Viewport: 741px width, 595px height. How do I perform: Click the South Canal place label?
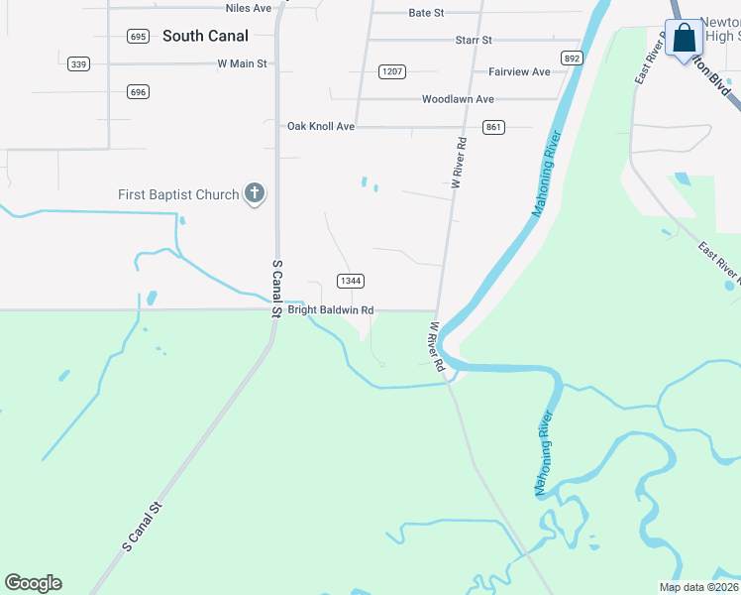point(205,36)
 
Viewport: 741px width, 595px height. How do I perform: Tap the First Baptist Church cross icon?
point(255,194)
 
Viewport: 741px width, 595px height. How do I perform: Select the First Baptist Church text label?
point(178,194)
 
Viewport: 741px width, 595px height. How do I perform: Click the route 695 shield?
point(138,37)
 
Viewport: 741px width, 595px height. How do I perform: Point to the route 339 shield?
point(79,64)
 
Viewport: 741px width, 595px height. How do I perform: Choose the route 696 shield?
point(138,92)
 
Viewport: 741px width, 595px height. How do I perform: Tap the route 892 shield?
point(572,58)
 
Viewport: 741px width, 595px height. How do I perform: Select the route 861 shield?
point(494,127)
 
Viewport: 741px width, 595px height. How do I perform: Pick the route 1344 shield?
point(349,281)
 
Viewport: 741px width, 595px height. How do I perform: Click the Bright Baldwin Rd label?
point(331,310)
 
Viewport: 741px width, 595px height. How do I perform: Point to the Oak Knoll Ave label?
point(321,127)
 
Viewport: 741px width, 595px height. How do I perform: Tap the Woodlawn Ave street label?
point(458,99)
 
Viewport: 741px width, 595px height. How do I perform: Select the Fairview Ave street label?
point(519,72)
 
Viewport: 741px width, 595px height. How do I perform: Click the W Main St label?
point(243,63)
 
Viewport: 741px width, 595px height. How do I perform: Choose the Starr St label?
point(474,40)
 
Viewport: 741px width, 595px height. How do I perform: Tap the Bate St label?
point(426,13)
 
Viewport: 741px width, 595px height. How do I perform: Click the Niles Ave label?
point(248,8)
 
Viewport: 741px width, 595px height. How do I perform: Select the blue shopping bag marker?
point(684,40)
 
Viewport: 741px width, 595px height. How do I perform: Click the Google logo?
point(33,583)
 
